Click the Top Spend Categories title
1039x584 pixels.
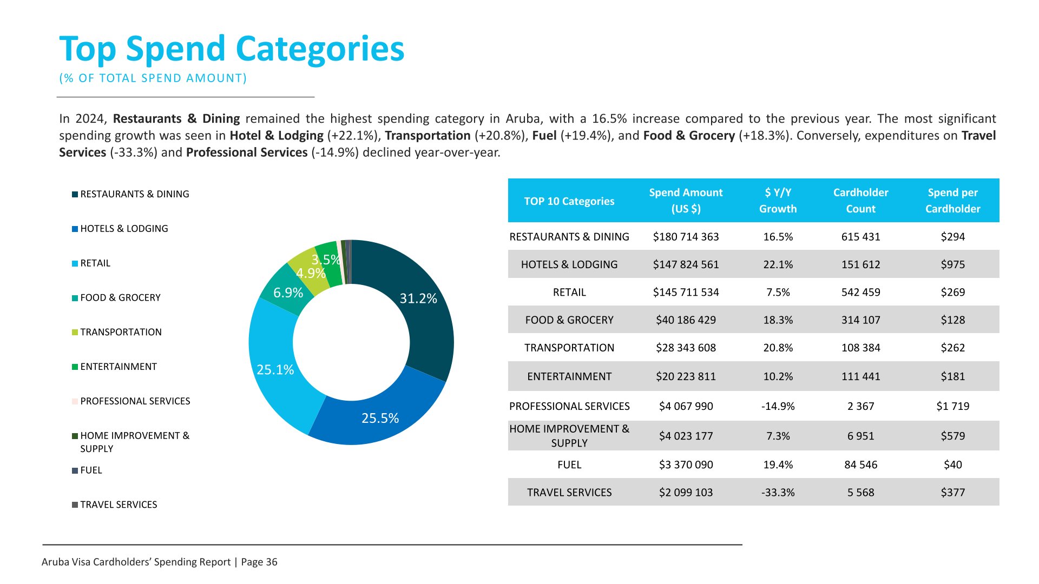tap(232, 49)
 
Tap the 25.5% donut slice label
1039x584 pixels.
tap(380, 418)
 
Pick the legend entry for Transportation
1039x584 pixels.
tap(121, 332)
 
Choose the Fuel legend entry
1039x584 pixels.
tap(91, 470)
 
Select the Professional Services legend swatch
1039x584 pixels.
tap(75, 401)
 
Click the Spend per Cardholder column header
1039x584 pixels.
tap(952, 201)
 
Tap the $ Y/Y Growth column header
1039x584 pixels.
tap(778, 201)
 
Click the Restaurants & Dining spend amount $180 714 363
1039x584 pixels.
tap(686, 237)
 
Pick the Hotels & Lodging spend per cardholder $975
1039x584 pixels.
tap(952, 264)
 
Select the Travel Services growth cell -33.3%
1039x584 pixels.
tap(778, 493)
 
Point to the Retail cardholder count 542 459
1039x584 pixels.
tap(860, 293)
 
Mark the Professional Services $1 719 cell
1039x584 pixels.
tap(952, 406)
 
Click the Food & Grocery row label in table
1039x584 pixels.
tap(569, 320)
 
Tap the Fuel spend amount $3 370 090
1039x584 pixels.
tap(686, 465)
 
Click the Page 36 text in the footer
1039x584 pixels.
tap(259, 562)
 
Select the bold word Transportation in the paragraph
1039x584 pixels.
tap(428, 136)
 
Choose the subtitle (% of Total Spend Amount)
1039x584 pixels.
tap(153, 78)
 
